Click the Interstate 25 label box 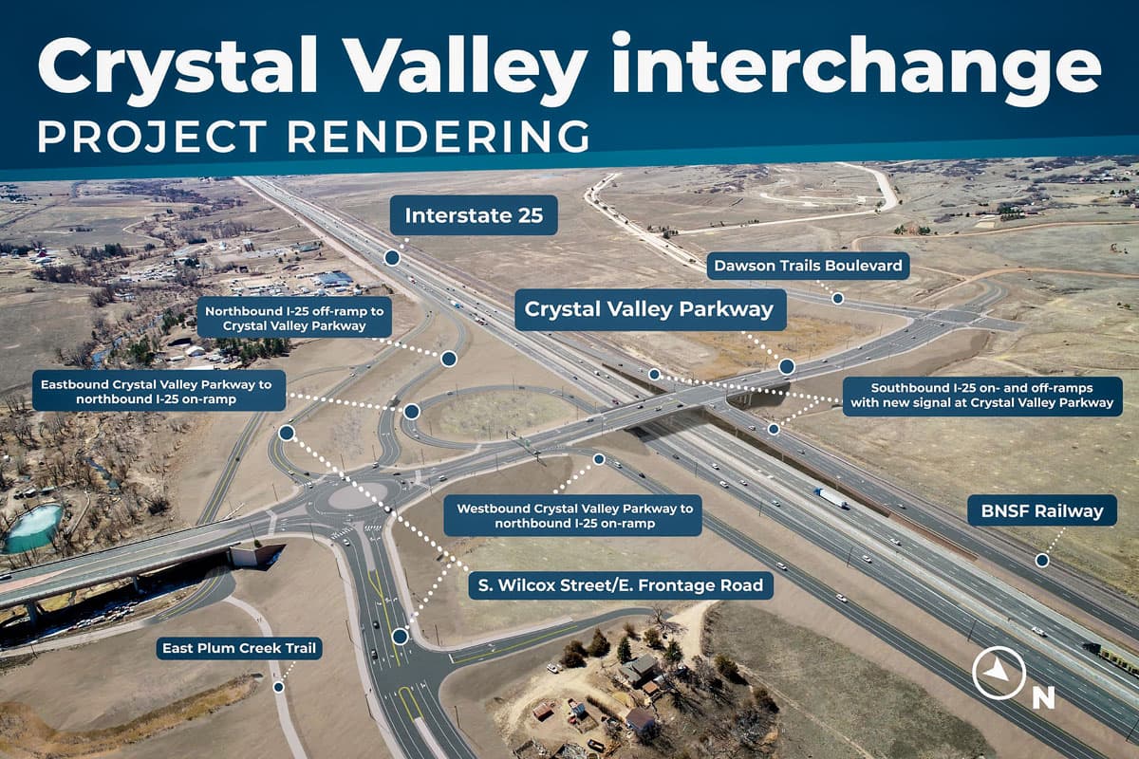coord(474,215)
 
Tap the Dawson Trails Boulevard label coord(808,266)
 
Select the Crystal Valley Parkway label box coord(650,310)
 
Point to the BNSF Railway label coord(1042,511)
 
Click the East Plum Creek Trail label coord(239,649)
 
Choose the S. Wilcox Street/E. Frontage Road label coord(621,585)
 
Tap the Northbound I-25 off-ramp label coord(295,318)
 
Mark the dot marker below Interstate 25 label coord(391,257)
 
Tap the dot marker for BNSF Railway coord(1042,560)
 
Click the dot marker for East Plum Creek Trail coord(278,687)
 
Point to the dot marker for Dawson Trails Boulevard coord(838,298)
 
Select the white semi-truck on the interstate coord(832,497)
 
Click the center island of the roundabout coord(357,496)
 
